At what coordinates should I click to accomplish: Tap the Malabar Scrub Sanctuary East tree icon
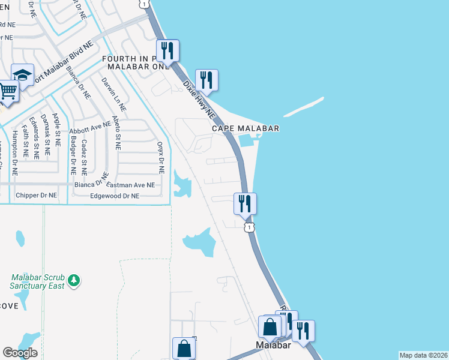coord(74,281)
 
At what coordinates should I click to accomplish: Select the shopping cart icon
coord(8,91)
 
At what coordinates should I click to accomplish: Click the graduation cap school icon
coord(22,75)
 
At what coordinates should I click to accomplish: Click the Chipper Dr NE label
coord(37,196)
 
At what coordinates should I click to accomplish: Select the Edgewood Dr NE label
coord(114,196)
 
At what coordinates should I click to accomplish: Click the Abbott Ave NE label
coord(90,127)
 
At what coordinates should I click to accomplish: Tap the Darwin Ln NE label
coord(113,95)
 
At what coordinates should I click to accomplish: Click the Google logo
coord(20,352)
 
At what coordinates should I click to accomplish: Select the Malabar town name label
coord(273,346)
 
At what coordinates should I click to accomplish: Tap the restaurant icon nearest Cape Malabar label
coord(206,80)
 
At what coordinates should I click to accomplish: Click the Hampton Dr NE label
coord(14,154)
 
